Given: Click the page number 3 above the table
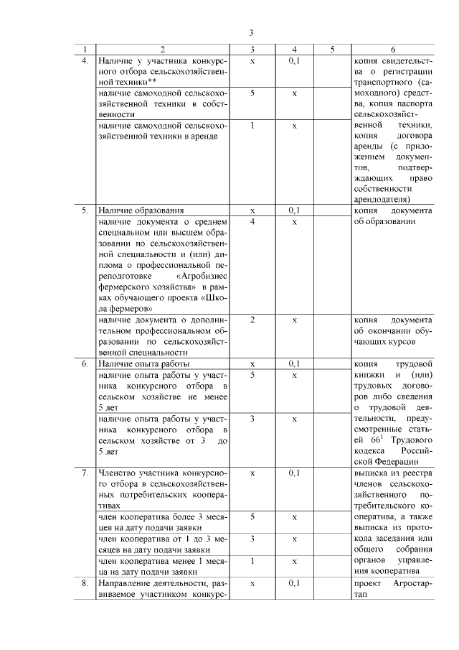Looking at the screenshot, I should point(251,32).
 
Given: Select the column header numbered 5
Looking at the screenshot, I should point(333,50).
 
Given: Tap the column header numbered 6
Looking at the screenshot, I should point(393,50).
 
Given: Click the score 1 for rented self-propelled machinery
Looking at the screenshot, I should point(252,126).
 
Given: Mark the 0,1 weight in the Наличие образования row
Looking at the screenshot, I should point(294,211).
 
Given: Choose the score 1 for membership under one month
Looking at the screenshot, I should point(252,561).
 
